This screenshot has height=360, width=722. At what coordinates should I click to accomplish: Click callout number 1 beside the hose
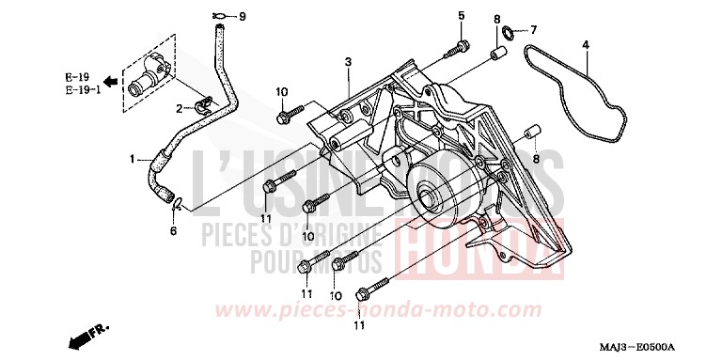click(x=133, y=158)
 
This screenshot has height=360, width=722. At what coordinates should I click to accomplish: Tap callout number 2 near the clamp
click(x=178, y=110)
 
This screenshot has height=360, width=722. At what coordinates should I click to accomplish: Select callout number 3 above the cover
click(x=348, y=61)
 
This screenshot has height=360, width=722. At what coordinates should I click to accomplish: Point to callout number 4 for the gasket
click(x=586, y=45)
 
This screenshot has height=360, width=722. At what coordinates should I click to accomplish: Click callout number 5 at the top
click(x=462, y=15)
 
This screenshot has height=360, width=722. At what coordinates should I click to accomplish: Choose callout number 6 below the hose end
click(x=173, y=230)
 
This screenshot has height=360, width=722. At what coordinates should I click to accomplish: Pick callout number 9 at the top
click(x=242, y=16)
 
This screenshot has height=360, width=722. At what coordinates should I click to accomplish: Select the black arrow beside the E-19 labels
click(x=109, y=81)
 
